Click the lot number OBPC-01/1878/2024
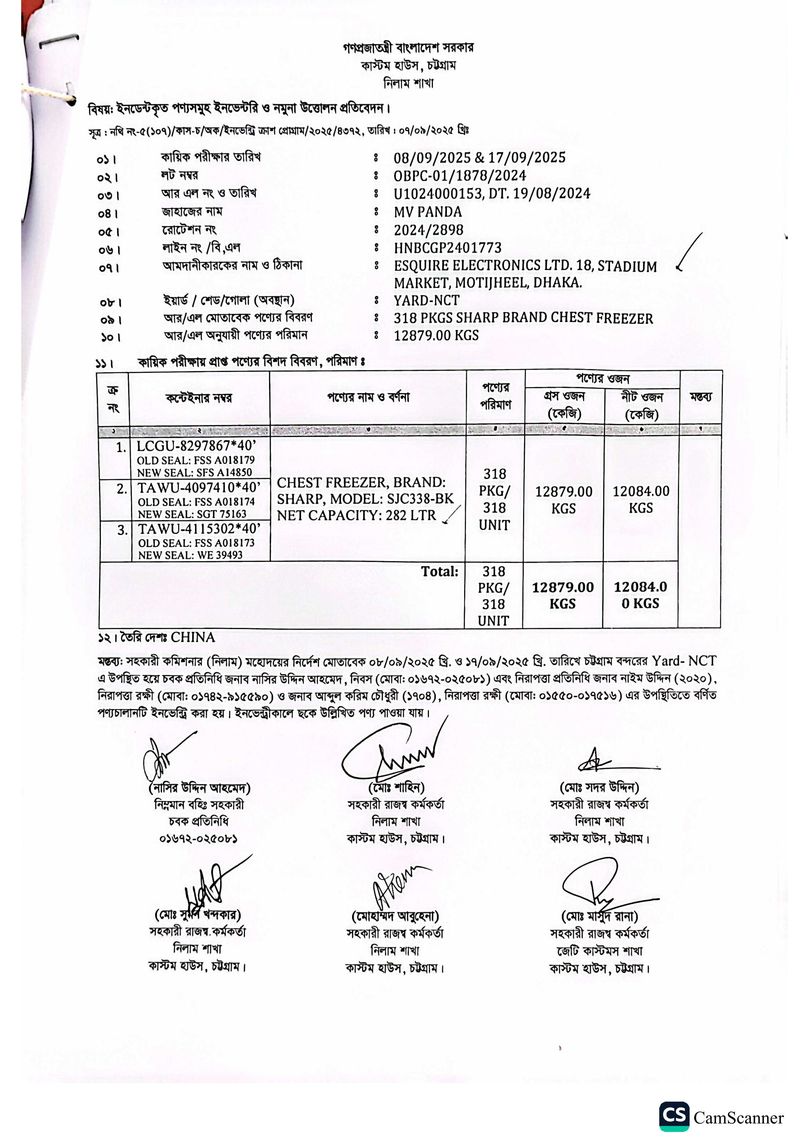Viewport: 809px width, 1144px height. click(460, 176)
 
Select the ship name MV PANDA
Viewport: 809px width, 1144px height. click(428, 212)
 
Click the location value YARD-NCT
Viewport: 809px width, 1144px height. click(426, 301)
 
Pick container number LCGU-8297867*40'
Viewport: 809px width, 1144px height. click(196, 446)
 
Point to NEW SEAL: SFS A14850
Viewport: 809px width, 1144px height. click(194, 472)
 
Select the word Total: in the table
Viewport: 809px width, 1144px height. click(439, 572)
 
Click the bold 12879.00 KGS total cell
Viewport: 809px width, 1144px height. click(562, 595)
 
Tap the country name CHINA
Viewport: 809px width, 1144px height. click(193, 638)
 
